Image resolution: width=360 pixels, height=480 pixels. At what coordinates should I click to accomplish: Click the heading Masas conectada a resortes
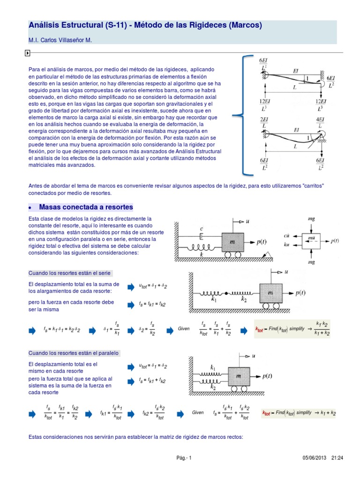86,207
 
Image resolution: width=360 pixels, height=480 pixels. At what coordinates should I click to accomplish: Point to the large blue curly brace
242,113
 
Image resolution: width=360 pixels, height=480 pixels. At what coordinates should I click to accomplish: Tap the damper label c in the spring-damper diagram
201,229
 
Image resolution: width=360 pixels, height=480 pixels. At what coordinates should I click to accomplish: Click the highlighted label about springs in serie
70,273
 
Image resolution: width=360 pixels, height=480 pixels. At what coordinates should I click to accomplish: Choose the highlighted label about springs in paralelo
74,352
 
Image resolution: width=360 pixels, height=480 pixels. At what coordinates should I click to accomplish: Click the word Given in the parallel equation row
198,412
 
